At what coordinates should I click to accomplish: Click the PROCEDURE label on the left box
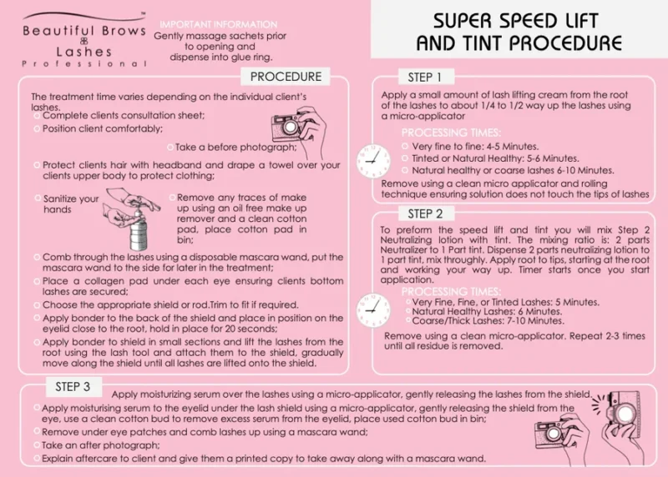286,77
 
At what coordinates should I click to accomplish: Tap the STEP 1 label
424,78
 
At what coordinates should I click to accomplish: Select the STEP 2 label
425,213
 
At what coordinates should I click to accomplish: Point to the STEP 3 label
73,386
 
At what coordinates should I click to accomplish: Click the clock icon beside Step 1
373,161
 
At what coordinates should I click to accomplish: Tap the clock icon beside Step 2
373,309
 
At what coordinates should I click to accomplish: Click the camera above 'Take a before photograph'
298,127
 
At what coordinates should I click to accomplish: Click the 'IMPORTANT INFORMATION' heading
219,25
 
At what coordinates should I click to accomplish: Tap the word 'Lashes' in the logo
84,52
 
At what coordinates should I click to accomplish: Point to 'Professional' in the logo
84,64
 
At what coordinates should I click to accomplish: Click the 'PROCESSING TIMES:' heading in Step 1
451,133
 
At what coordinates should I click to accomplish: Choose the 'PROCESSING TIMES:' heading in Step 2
451,292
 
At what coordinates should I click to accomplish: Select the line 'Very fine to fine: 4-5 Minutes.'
475,147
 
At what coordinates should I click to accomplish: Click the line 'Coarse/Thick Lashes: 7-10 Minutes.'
488,321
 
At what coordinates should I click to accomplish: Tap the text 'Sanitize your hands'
71,203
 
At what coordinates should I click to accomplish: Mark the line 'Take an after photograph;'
100,445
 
